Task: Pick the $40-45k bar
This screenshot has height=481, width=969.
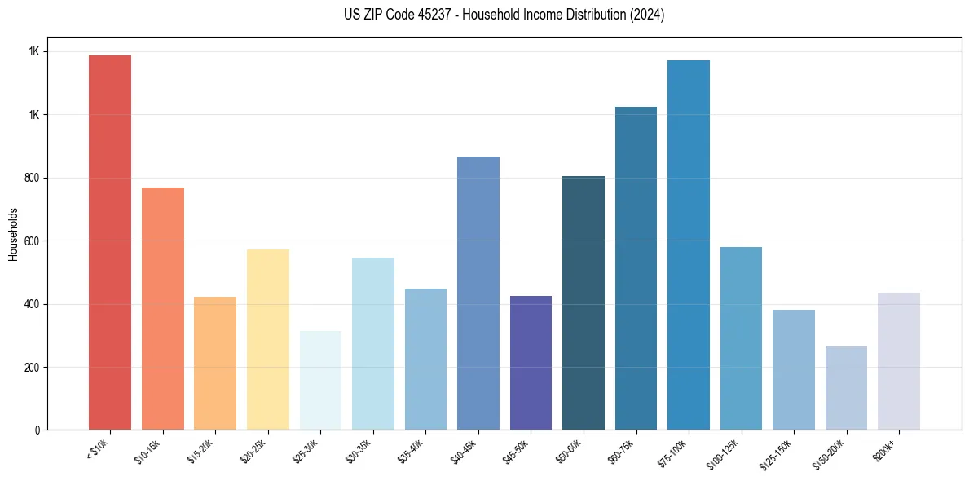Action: coord(478,293)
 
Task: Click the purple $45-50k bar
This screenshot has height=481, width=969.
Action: coord(531,363)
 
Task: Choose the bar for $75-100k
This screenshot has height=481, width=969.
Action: coord(688,245)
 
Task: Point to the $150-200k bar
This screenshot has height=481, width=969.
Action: coord(846,388)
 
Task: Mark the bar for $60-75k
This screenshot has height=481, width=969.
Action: coord(636,268)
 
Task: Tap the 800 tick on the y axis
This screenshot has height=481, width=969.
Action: coord(33,178)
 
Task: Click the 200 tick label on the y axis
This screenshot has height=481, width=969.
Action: coord(33,367)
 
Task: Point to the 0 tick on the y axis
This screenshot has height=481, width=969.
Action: coord(38,430)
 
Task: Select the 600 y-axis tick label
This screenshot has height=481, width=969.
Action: coord(33,240)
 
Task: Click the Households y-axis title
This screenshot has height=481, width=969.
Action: coord(13,233)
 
